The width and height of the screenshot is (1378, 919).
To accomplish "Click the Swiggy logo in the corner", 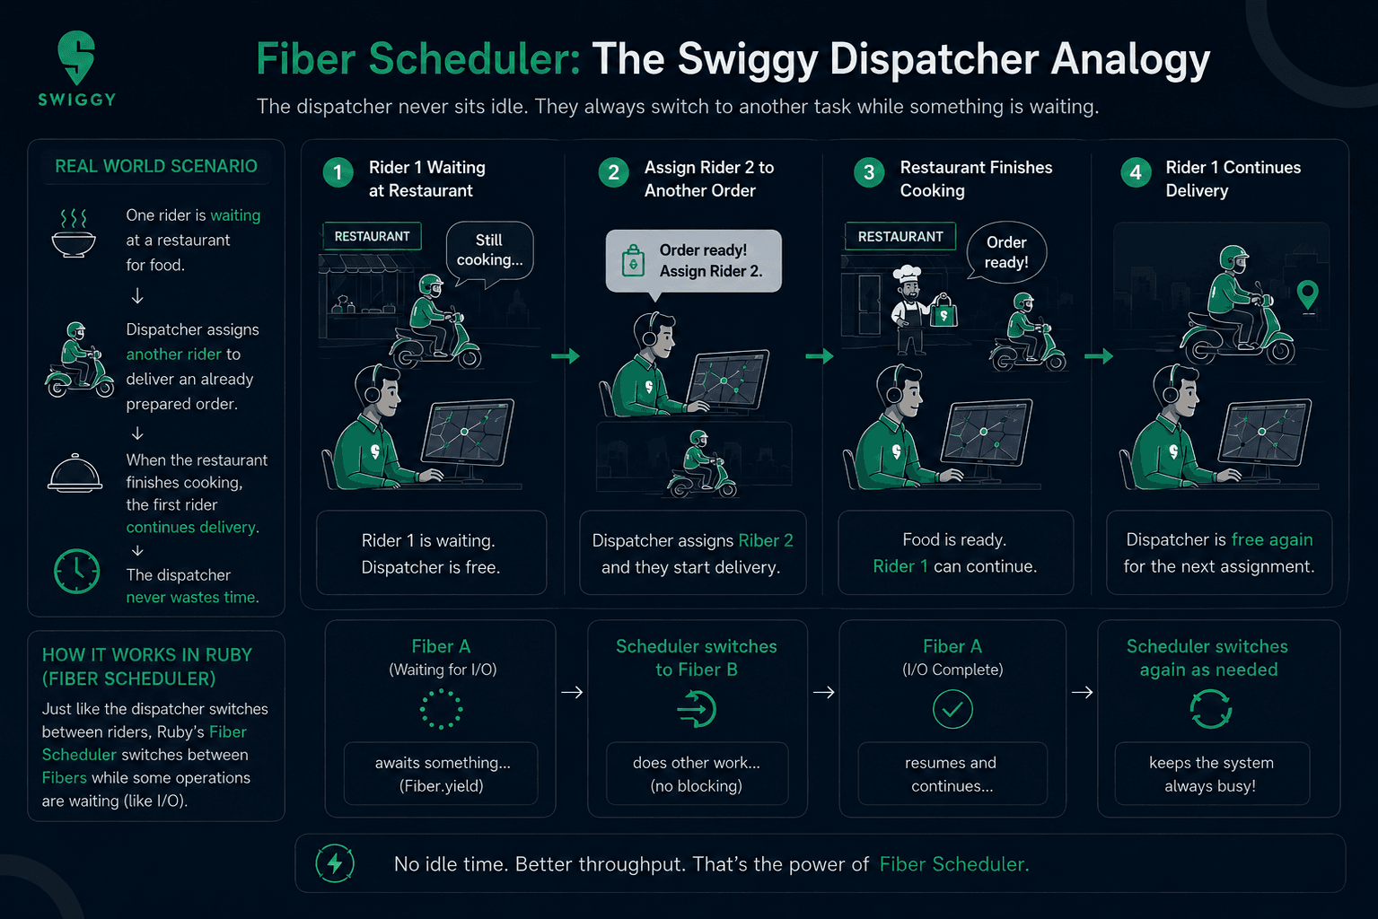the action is point(77,68).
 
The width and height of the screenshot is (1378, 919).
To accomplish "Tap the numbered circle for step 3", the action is point(869,173).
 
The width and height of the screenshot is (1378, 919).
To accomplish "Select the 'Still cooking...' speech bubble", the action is point(489,253).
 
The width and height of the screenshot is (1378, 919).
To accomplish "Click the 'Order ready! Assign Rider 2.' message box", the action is point(693,261).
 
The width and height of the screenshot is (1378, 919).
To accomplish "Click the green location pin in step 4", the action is point(1308,296).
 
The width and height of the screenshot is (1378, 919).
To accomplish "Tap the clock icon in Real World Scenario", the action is point(76,571).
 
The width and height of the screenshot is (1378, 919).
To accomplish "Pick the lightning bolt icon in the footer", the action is point(335,863).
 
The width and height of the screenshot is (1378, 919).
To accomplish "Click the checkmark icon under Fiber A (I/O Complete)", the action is point(952,709).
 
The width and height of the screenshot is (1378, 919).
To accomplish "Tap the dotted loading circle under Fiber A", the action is point(441,709).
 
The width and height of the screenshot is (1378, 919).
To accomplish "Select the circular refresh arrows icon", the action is point(1210,709).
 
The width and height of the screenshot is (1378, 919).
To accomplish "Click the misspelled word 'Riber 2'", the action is point(765,540).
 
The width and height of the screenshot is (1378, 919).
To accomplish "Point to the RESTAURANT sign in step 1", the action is point(373,236).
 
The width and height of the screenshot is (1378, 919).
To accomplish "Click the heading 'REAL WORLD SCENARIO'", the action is point(156,166).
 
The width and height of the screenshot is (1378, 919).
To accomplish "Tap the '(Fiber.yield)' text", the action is point(441,785).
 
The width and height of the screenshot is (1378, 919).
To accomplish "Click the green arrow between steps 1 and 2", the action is point(566,355).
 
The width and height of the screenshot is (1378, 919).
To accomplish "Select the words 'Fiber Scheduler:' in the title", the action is point(418,59).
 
